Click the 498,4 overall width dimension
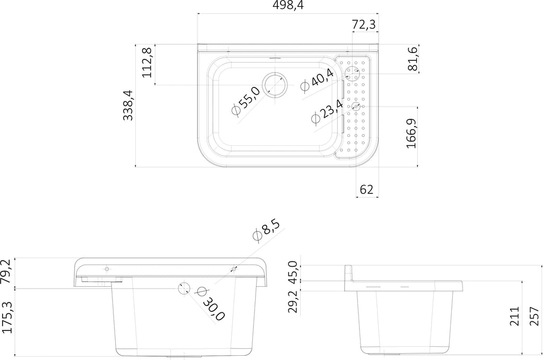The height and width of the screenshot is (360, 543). point(288,5)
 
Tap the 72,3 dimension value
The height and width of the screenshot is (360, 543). point(364,25)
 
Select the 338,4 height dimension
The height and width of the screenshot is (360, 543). point(128,105)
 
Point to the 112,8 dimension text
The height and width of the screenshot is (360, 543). point(147,63)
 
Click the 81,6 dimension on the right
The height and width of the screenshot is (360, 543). point(413,59)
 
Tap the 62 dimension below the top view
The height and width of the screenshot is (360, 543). point(366,189)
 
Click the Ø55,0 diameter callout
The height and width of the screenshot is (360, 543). point(246,100)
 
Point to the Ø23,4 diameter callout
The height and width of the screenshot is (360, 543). point(327,112)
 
